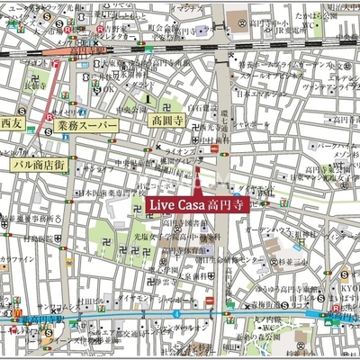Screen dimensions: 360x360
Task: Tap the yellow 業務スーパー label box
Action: click(x=85, y=126)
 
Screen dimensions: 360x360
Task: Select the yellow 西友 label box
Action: click(x=11, y=121)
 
